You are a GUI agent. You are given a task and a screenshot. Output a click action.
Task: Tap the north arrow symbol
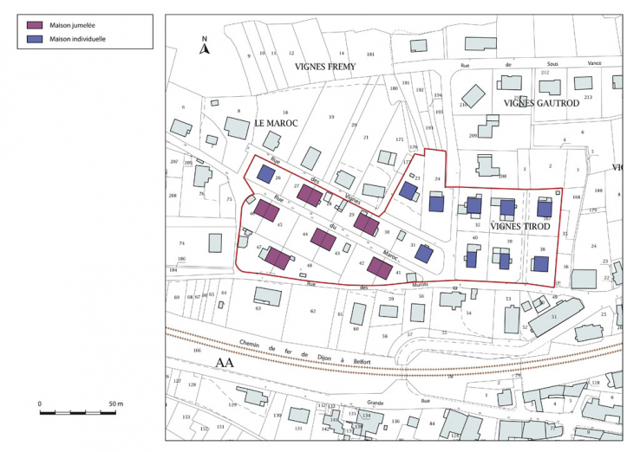click(205, 48)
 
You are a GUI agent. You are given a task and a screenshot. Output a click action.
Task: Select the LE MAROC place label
click(277, 124)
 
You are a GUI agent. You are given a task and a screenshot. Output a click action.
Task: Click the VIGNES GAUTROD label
click(541, 103)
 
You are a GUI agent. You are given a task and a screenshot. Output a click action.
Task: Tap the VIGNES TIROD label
click(520, 226)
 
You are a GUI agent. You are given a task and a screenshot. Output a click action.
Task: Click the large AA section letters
click(225, 363)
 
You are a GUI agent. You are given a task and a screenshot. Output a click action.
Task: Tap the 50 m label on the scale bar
click(115, 404)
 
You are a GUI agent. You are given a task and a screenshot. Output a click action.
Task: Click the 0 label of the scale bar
click(40, 404)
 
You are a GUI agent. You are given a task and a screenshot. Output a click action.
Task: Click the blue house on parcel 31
click(423, 253)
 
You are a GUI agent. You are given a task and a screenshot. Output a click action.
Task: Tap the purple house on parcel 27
click(310, 195)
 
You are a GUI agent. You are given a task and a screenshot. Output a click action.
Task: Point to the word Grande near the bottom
click(375, 402)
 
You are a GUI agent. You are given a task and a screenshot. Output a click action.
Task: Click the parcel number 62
click(313, 310)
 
